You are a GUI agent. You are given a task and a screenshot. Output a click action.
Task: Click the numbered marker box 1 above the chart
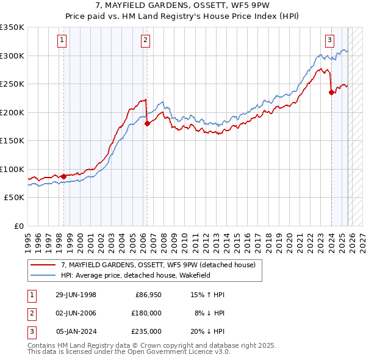pos(63,41)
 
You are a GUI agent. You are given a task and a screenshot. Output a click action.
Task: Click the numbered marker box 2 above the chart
pos(146,41)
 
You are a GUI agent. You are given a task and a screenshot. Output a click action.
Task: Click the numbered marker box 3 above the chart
pos(329,41)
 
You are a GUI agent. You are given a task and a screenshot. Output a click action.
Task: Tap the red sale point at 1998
pos(63,176)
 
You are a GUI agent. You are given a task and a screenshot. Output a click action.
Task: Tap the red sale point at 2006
pos(147,123)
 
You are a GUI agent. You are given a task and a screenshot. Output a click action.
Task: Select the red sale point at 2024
pos(331,92)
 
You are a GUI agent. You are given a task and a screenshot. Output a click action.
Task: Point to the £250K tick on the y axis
pos(13,84)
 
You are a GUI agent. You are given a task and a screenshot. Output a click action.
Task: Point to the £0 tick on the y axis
pos(19,226)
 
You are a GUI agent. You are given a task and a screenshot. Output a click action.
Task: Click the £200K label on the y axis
pos(13,112)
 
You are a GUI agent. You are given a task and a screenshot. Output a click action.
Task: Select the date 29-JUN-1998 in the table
pos(76,295)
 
